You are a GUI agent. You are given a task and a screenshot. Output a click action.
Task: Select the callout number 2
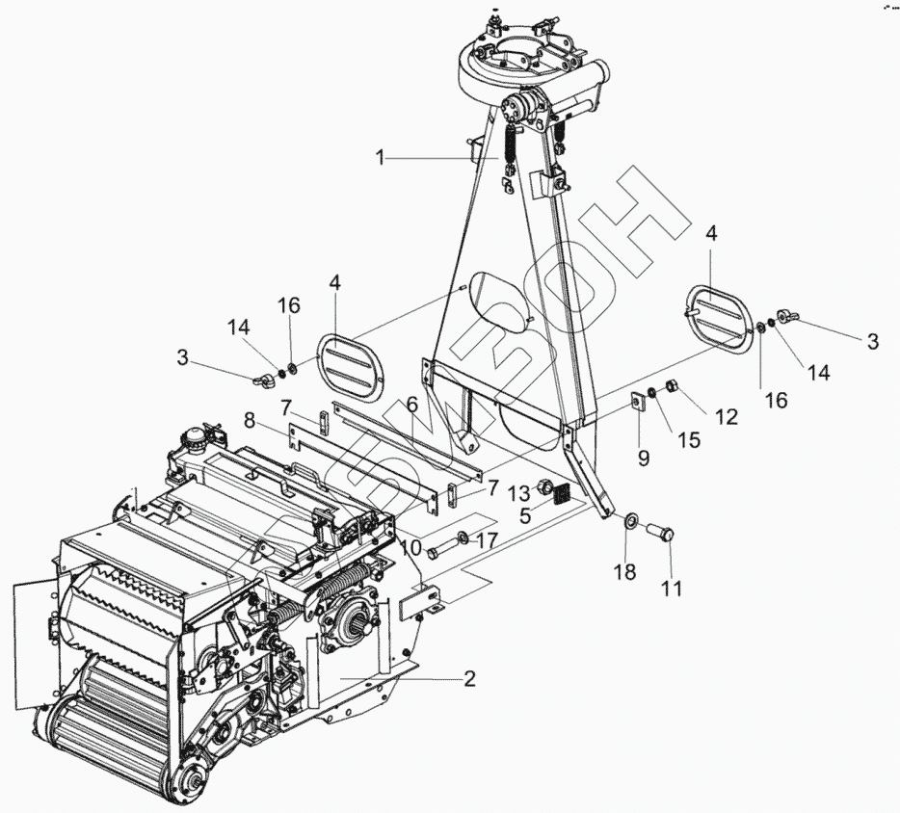(469, 678)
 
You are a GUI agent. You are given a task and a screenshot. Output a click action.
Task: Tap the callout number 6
(411, 404)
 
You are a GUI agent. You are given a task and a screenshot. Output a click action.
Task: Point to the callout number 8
(250, 420)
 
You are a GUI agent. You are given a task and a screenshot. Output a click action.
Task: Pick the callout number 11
(672, 588)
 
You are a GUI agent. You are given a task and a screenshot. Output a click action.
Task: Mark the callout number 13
(519, 491)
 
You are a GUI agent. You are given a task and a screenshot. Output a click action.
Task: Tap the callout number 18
(624, 572)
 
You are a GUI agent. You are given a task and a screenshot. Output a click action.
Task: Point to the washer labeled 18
(629, 522)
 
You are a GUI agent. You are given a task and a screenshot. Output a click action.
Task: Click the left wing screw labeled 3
(261, 379)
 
